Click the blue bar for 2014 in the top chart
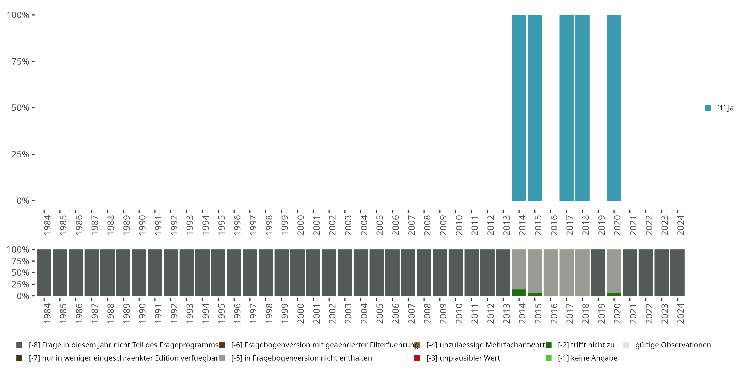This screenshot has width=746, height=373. [x=519, y=108]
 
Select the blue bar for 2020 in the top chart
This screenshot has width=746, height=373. [x=614, y=108]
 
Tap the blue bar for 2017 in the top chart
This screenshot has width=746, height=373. [x=566, y=108]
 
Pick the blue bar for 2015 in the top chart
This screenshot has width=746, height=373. [x=535, y=108]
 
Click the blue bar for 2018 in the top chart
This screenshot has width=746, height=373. [x=582, y=108]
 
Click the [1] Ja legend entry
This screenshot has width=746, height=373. [x=719, y=108]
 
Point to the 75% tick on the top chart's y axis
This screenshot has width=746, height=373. [x=20, y=61]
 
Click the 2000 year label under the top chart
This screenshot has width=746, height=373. [x=301, y=225]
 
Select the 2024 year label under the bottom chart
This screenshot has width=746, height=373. [x=680, y=314]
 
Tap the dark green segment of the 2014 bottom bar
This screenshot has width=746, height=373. [x=519, y=292]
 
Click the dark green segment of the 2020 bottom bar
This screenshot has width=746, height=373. [x=614, y=294]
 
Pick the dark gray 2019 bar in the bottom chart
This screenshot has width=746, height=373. [x=598, y=273]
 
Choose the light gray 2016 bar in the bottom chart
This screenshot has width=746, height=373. [x=551, y=273]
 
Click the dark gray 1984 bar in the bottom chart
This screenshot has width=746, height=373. [x=44, y=273]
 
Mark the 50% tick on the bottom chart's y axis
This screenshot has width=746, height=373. [x=20, y=273]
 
